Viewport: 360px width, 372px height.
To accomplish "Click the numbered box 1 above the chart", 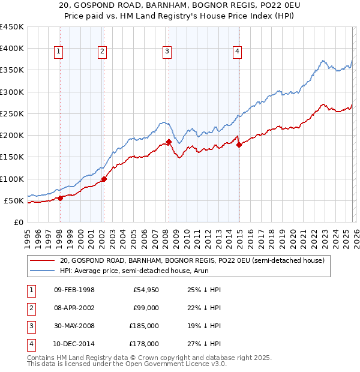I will pos(59,52).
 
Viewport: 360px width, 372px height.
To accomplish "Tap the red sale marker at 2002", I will pos(104,179).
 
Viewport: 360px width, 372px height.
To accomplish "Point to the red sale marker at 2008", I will pos(169,142).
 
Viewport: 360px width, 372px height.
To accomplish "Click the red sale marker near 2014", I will pos(239,145).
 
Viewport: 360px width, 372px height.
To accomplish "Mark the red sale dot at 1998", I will pos(60,198).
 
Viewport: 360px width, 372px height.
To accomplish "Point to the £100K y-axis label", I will pos(12,179).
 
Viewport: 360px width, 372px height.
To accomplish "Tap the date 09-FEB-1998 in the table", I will pos(74,290).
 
